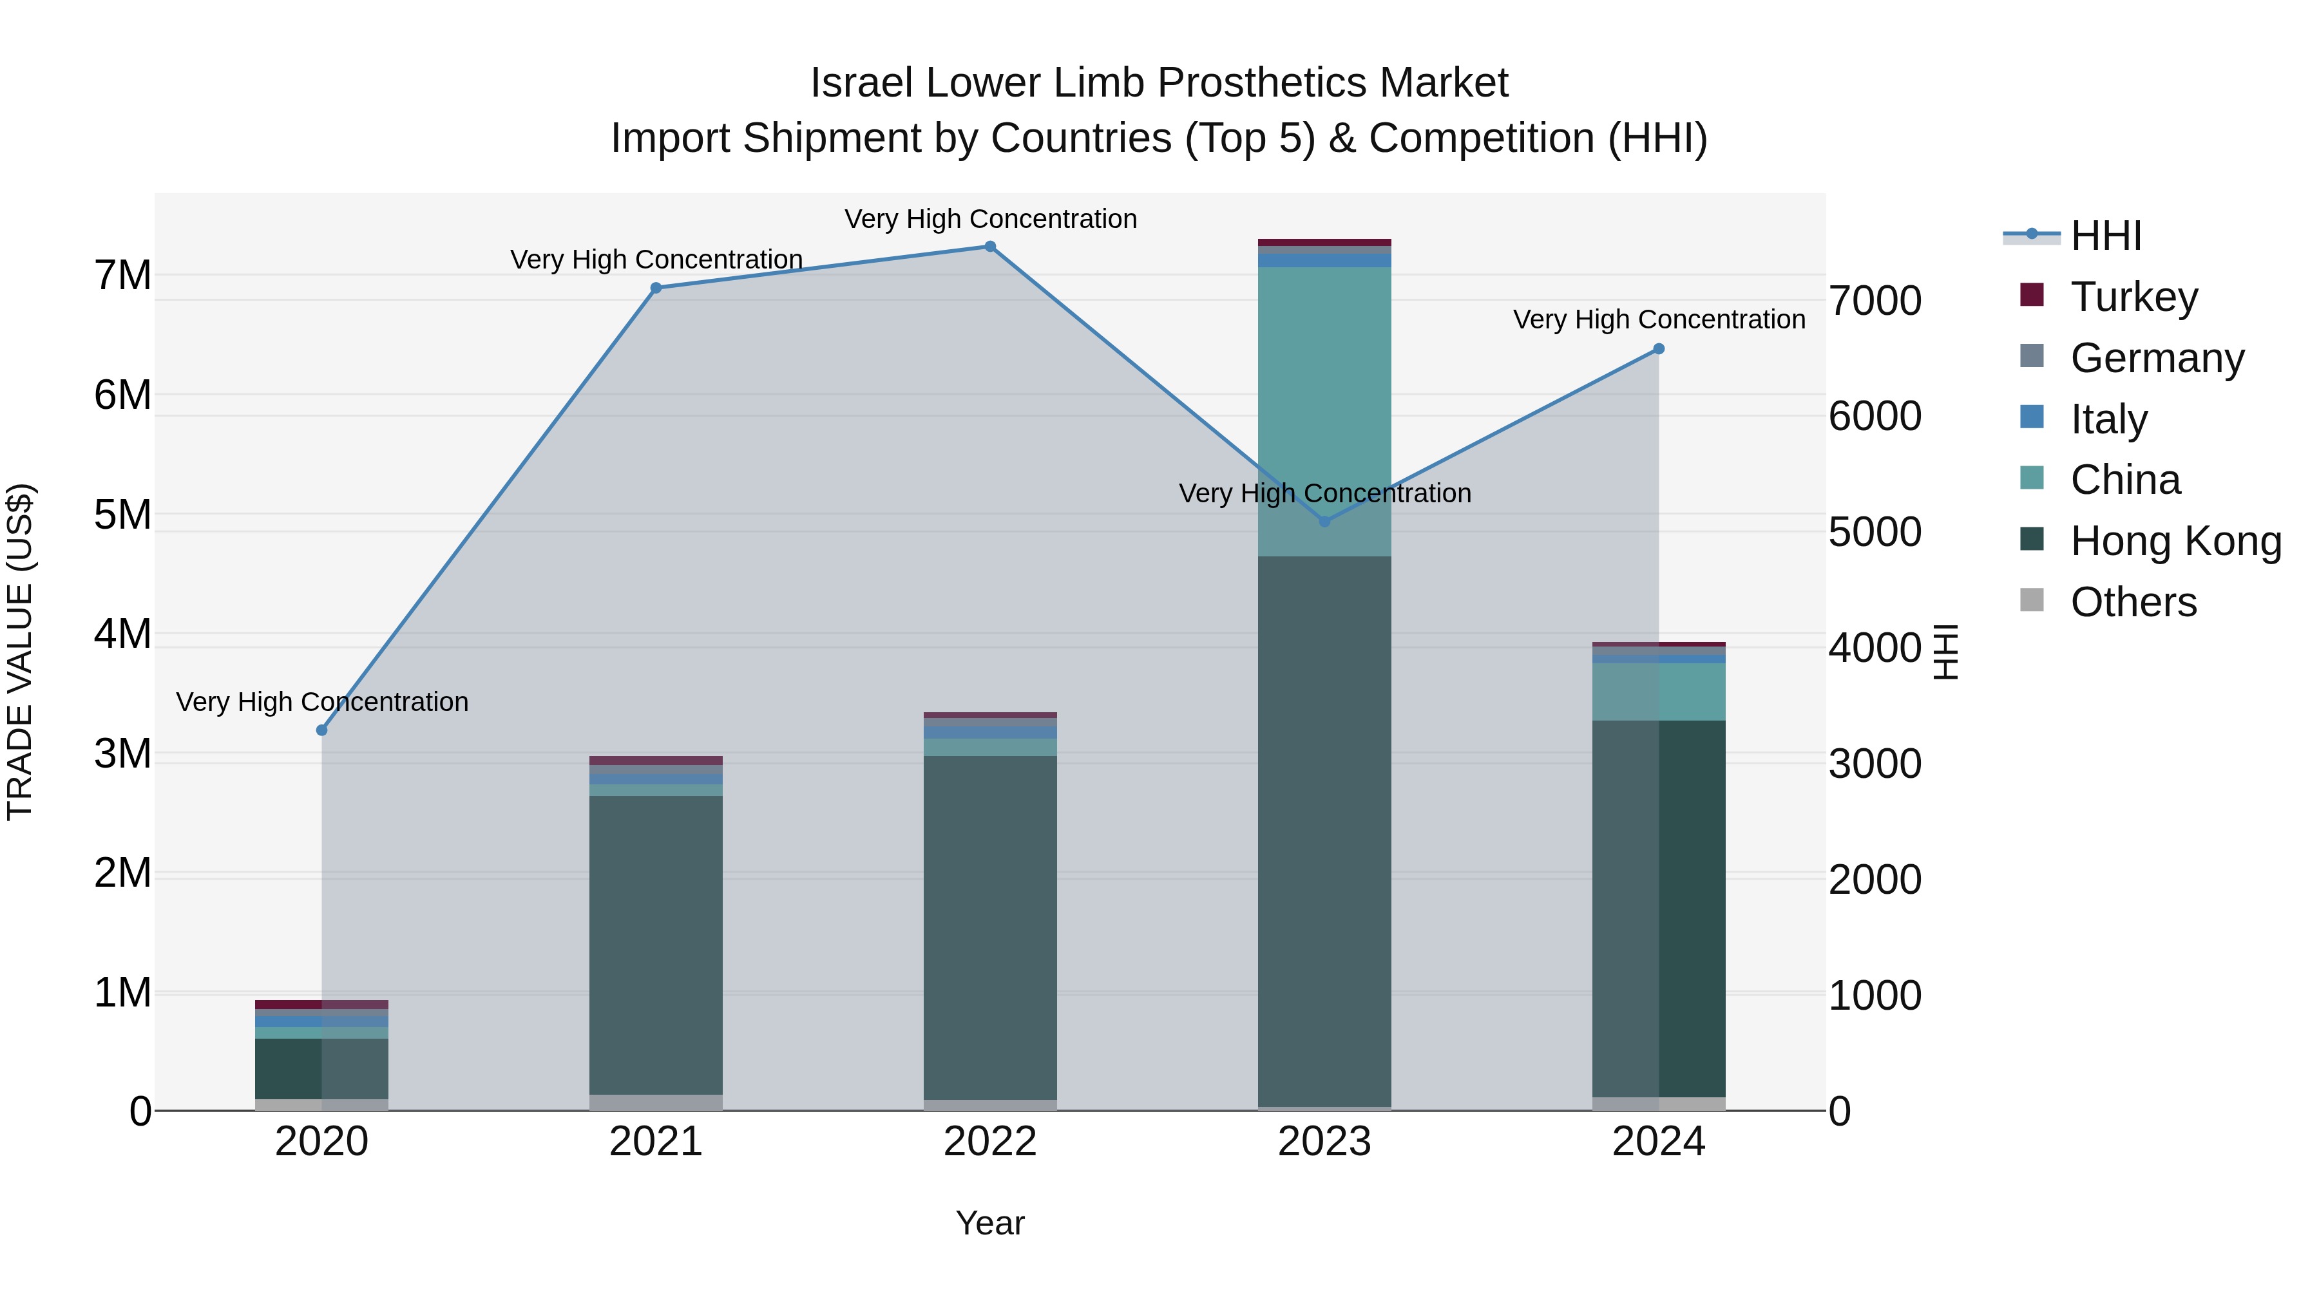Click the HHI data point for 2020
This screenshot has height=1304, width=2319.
(x=321, y=730)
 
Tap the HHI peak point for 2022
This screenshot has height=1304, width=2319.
(x=990, y=247)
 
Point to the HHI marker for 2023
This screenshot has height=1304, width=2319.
(x=1324, y=521)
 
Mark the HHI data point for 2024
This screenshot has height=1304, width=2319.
(x=1659, y=349)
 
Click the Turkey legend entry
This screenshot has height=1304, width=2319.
(x=2133, y=297)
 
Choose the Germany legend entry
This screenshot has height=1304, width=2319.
(x=2156, y=358)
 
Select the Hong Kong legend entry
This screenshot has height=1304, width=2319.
(x=2175, y=541)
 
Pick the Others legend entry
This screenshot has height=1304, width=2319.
(x=2133, y=602)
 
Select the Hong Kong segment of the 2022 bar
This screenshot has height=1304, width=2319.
(x=990, y=927)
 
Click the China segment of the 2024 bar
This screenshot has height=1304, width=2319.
(x=1659, y=691)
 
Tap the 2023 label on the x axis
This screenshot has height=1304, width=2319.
(x=1324, y=1142)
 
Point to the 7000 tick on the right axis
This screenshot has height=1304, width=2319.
(x=1875, y=301)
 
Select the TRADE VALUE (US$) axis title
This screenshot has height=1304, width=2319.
(x=20, y=652)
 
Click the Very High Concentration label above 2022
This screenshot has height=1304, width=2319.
(x=990, y=219)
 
